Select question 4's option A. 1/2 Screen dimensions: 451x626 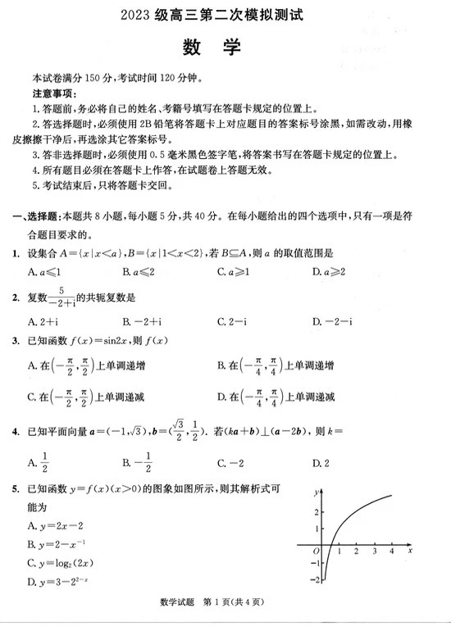click(38, 462)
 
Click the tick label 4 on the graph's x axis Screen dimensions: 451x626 click(391, 551)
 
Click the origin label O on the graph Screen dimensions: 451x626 click(316, 551)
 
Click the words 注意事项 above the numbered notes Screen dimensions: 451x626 click(53, 94)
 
